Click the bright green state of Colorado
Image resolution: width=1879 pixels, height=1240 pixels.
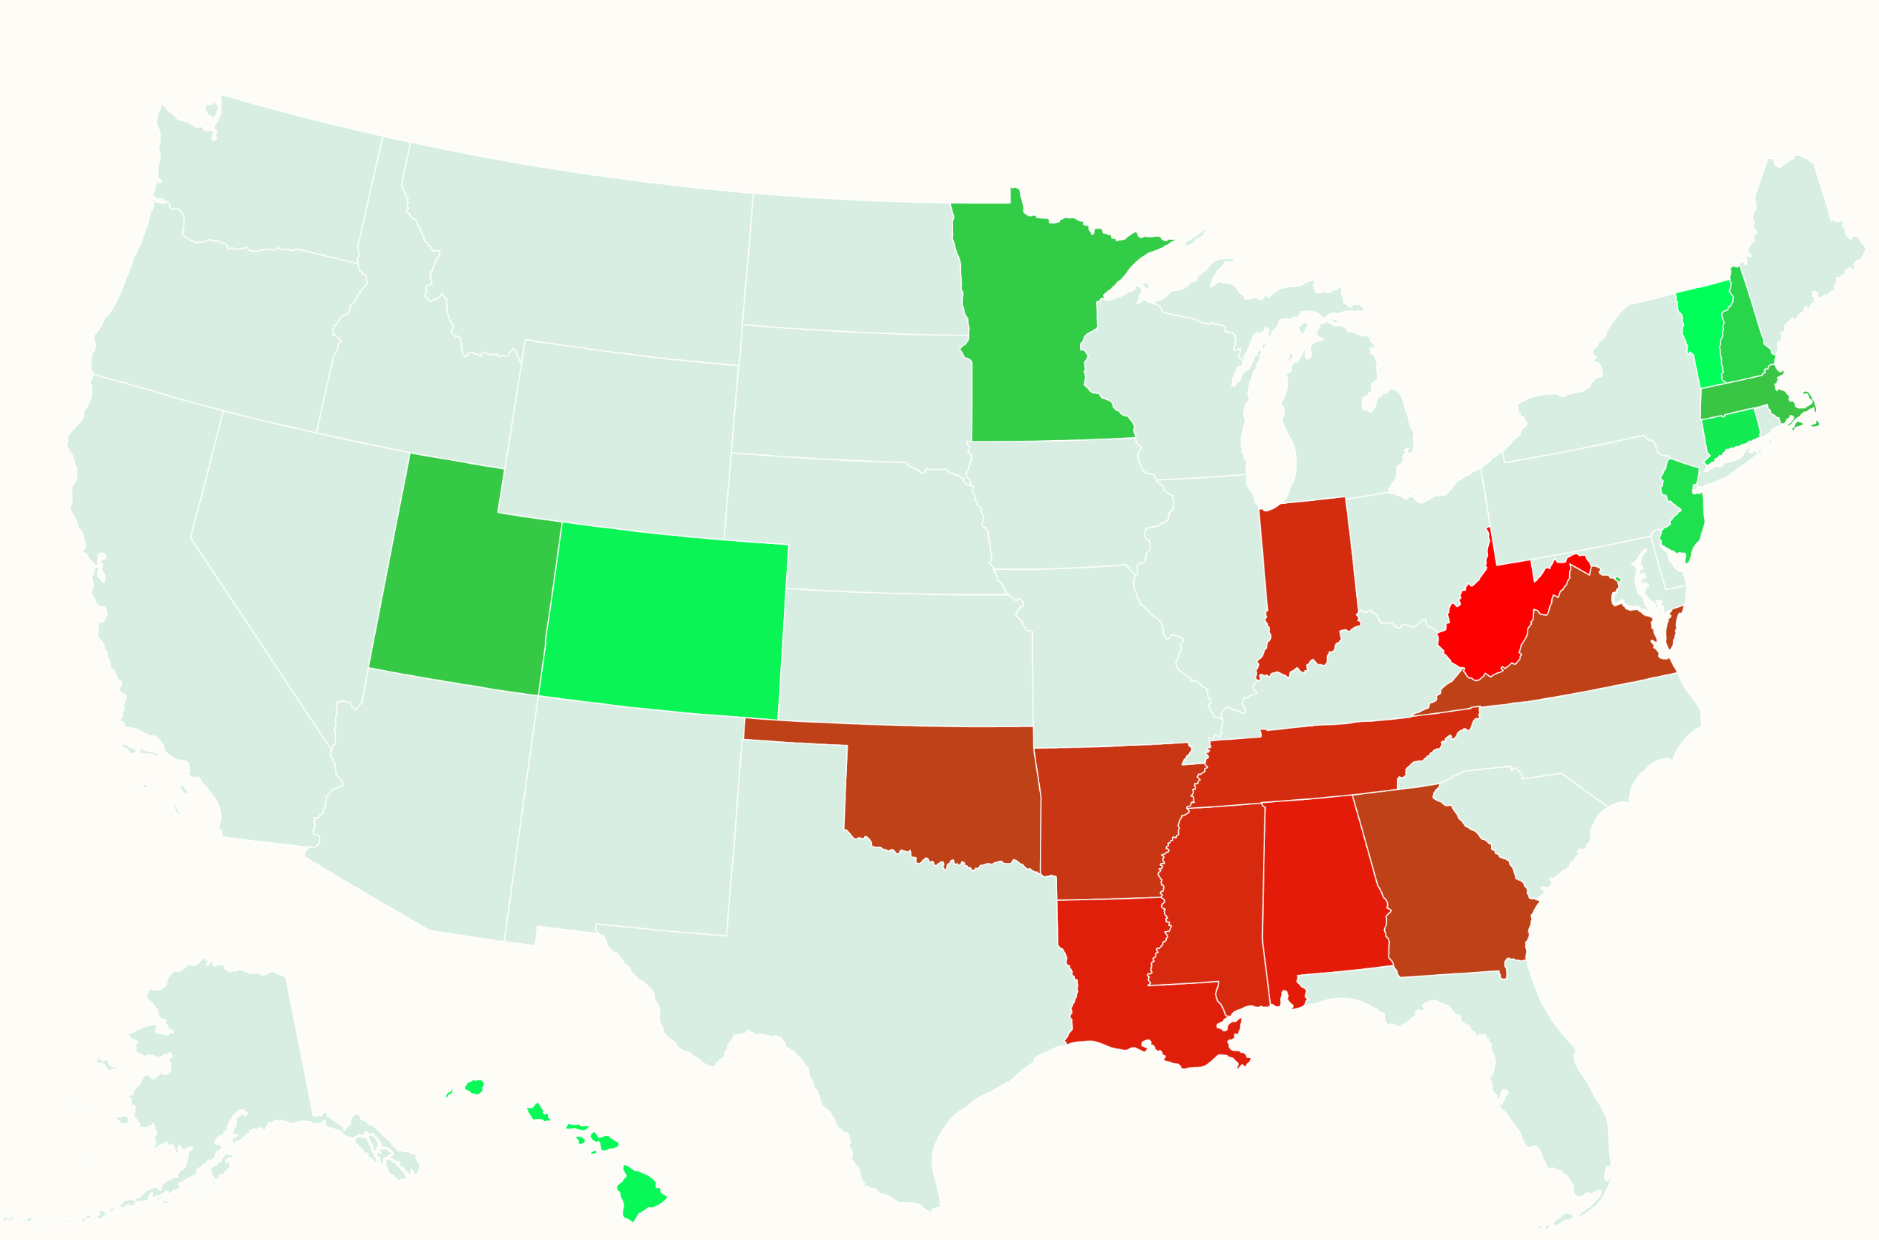coord(665,621)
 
